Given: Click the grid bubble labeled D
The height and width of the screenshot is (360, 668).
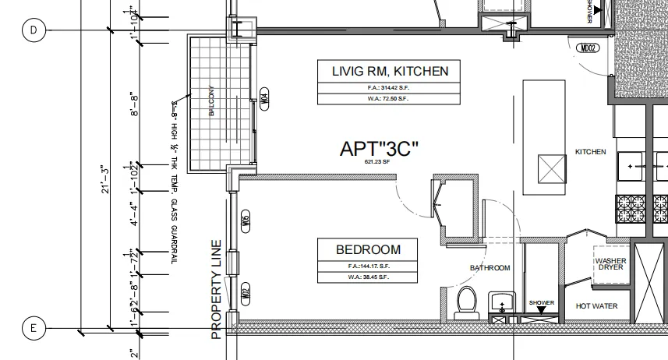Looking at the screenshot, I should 34,30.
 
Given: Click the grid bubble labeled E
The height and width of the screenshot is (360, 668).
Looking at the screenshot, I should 34,328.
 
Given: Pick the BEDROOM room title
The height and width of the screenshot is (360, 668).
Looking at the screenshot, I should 368,250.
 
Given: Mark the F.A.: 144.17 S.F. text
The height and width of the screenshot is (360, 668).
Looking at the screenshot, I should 368,266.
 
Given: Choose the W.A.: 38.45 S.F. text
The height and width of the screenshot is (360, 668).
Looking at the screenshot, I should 368,277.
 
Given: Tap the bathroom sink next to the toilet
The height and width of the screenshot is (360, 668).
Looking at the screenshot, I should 501,300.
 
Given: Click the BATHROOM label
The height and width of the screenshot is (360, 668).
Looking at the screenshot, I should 490,268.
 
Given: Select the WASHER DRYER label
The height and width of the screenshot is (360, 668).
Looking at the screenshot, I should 611,264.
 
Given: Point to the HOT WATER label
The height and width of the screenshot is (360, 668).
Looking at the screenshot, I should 596,306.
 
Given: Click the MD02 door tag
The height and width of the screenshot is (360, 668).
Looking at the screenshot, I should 586,48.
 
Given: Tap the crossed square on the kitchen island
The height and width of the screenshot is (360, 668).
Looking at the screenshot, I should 552,168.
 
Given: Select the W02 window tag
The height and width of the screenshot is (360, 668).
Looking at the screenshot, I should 244,294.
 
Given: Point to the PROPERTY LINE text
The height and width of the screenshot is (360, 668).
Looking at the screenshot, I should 217,289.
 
